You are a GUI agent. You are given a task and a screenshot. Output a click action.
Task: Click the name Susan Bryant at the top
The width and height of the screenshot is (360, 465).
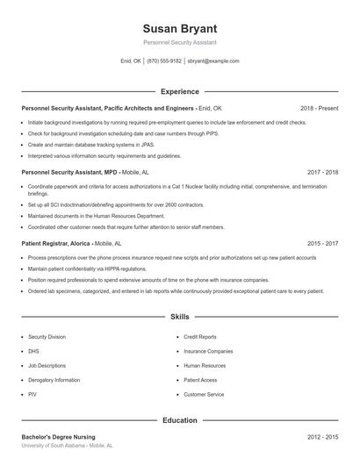[x=180, y=28]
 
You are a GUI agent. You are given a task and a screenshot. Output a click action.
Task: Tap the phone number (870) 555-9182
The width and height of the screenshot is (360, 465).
[x=164, y=61]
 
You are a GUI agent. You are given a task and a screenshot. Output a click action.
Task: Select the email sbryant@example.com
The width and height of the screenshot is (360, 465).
[x=213, y=61]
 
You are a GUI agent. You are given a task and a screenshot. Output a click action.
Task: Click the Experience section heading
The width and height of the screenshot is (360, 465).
[x=180, y=91]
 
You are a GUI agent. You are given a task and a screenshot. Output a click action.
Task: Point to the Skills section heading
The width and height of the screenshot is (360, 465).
[x=180, y=316]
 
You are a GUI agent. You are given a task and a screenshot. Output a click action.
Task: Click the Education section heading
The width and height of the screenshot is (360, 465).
[x=180, y=421]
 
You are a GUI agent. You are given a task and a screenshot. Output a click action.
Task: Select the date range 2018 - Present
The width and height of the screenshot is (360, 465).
[x=319, y=109]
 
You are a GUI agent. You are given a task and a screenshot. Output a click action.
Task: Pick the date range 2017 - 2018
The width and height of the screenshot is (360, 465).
[x=322, y=174]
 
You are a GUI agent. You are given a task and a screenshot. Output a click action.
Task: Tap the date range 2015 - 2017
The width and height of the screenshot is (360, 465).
[x=322, y=243]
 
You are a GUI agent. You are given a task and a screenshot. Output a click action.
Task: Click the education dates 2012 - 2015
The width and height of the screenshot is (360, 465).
[x=322, y=437]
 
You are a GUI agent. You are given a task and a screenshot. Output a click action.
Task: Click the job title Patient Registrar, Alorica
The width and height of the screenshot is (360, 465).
[x=55, y=243]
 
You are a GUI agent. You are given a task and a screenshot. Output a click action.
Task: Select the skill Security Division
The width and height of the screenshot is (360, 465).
[x=47, y=336]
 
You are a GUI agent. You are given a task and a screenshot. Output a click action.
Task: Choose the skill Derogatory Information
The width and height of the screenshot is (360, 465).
[x=54, y=380]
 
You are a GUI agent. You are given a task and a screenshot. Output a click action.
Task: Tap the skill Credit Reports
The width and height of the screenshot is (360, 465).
[x=200, y=336]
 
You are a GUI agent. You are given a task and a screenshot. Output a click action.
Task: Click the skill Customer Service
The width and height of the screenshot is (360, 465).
[x=204, y=395]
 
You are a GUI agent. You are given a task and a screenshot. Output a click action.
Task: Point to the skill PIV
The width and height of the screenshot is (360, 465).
[x=32, y=395]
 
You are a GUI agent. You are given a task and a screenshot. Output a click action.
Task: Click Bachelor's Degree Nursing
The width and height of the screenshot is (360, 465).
[x=58, y=437]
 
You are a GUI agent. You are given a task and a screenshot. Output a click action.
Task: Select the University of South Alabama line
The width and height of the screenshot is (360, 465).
[x=67, y=446]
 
